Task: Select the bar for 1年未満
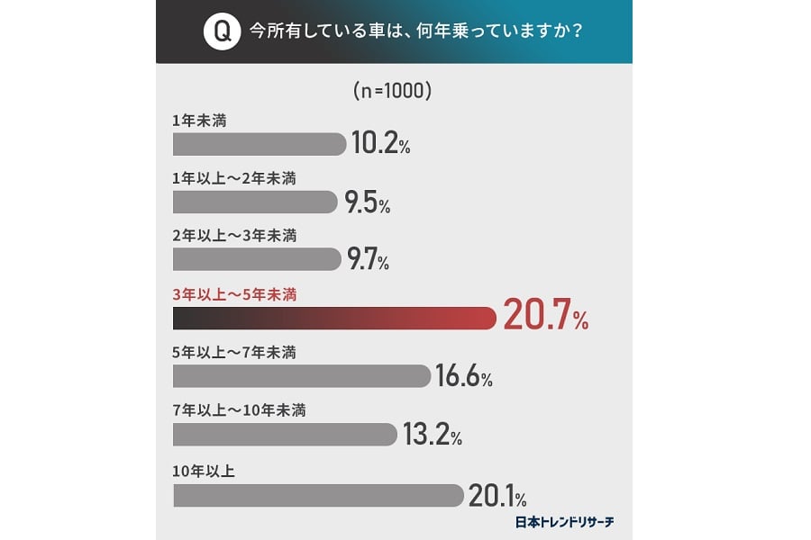tap(259, 144)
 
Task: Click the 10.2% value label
tap(379, 144)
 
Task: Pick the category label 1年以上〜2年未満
tap(233, 177)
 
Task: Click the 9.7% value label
tap(367, 261)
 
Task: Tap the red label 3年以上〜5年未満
tap(233, 293)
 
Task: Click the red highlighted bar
tap(333, 318)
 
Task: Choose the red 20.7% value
tap(545, 318)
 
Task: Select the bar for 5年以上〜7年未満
tap(301, 376)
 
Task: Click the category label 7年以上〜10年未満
tap(239, 410)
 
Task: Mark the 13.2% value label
tap(431, 435)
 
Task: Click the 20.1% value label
tap(497, 495)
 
